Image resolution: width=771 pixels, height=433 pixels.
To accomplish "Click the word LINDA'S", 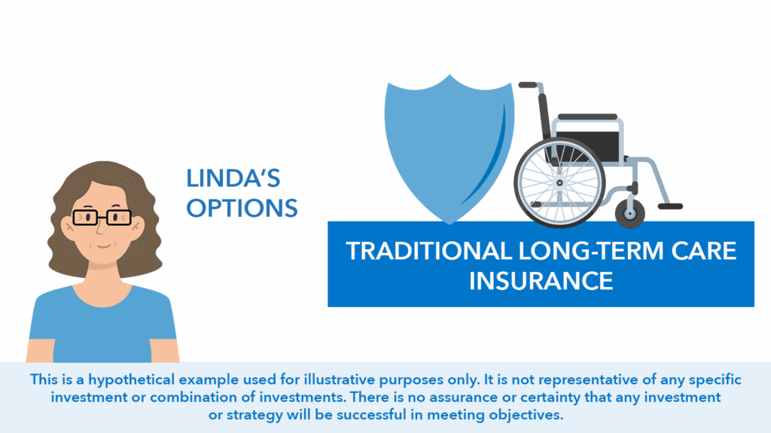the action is click(x=233, y=178).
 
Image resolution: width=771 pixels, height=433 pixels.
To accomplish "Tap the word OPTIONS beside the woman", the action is click(x=242, y=208).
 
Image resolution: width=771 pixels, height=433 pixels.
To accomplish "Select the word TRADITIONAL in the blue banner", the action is click(x=429, y=251).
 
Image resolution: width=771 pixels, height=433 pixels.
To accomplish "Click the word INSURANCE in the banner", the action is click(x=541, y=281).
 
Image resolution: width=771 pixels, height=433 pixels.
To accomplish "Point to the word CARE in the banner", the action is click(x=704, y=251).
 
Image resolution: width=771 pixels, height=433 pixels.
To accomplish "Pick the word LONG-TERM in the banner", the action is click(x=592, y=251).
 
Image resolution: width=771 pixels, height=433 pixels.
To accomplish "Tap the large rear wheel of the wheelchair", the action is click(x=559, y=182).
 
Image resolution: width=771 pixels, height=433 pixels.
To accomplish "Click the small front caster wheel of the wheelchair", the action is click(x=630, y=214).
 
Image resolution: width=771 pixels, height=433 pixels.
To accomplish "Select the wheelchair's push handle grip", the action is click(x=528, y=85).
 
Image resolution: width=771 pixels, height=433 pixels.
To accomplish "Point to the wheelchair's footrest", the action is click(x=670, y=206).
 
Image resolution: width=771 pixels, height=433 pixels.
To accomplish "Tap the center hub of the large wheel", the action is click(x=559, y=182).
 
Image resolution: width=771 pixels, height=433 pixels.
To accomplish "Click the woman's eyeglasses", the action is click(x=102, y=217).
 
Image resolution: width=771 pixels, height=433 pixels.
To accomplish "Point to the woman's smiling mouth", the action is click(x=104, y=245).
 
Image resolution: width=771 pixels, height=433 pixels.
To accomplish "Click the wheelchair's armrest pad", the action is click(x=587, y=117).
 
